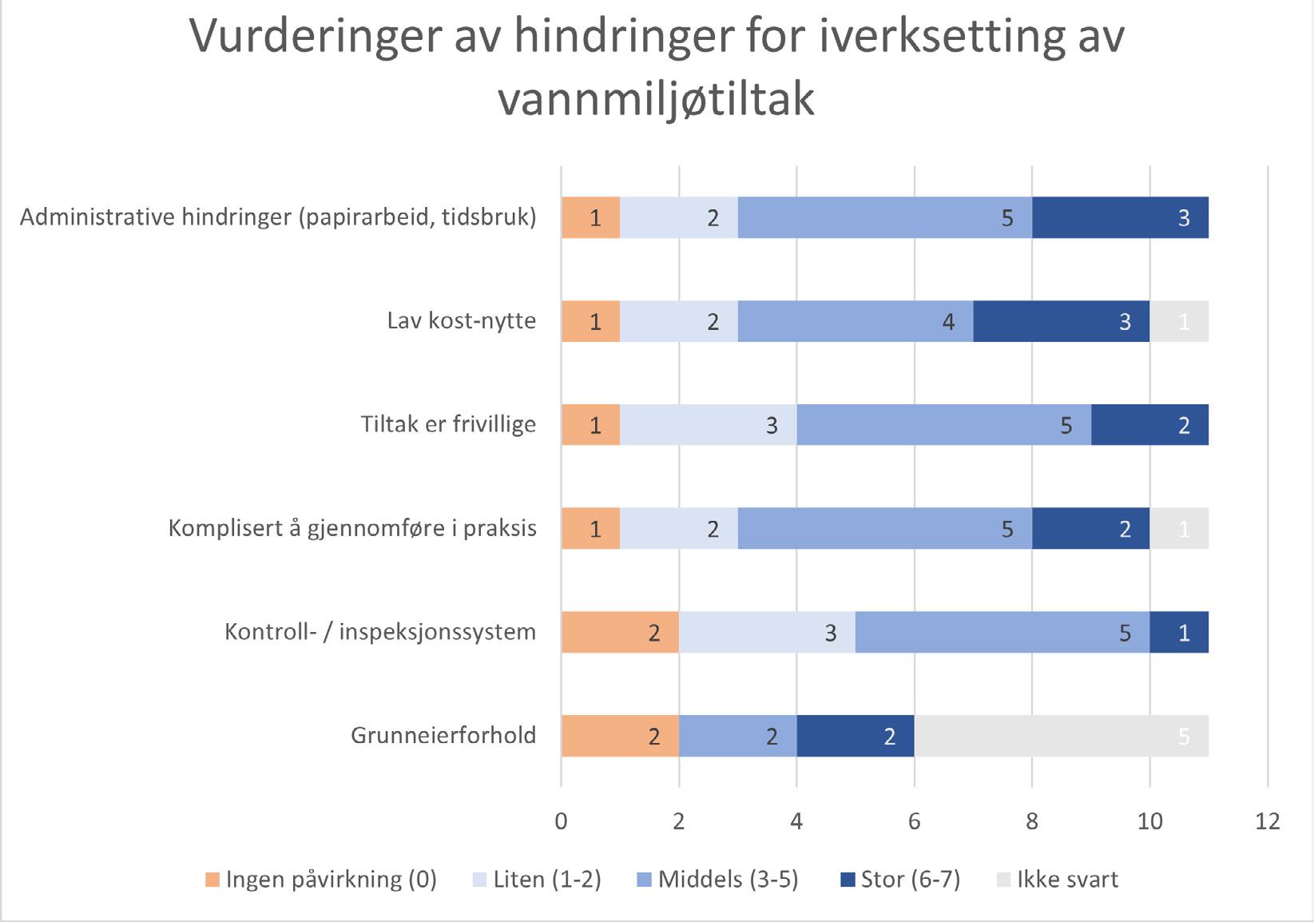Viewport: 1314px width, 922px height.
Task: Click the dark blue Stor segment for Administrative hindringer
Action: click(x=1120, y=217)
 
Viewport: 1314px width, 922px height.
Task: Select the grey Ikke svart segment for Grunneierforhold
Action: click(x=1061, y=736)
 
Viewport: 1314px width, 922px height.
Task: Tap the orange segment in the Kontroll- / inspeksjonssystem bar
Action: click(x=620, y=632)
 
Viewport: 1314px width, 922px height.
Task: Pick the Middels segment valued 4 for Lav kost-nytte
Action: click(x=855, y=321)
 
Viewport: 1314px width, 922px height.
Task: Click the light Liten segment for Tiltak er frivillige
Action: click(x=708, y=424)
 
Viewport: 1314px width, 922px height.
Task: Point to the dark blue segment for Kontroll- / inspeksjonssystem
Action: click(x=1179, y=632)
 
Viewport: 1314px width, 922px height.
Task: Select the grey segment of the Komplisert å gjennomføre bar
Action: click(x=1179, y=528)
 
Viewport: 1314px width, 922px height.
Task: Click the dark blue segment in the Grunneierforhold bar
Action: click(x=855, y=736)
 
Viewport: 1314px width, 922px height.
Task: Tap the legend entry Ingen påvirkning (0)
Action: click(x=321, y=880)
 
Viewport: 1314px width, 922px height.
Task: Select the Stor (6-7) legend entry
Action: click(x=900, y=880)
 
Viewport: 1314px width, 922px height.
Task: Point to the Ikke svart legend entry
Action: click(x=1058, y=880)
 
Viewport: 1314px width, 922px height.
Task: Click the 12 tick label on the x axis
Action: click(x=1268, y=821)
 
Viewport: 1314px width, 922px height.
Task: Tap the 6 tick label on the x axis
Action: click(x=915, y=821)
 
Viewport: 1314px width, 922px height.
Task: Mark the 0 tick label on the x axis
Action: click(x=562, y=821)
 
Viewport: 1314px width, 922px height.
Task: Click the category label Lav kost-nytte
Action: click(x=462, y=321)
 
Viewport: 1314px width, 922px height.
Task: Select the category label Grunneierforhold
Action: click(x=443, y=736)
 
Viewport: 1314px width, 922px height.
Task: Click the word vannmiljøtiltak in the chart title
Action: click(x=657, y=100)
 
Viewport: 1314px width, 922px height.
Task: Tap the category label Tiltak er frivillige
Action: click(x=448, y=424)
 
